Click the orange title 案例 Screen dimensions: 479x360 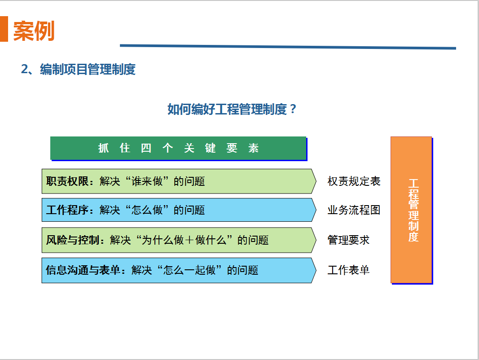[34, 31]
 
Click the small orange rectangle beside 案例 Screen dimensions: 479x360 [4, 29]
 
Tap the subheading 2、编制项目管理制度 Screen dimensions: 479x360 [78, 69]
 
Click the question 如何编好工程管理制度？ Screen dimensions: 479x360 [232, 109]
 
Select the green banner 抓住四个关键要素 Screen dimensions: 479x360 [178, 148]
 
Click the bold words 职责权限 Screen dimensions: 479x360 [67, 181]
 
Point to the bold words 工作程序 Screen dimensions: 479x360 [67, 210]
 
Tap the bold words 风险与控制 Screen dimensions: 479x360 [73, 240]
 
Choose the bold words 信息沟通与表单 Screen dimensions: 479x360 [83, 270]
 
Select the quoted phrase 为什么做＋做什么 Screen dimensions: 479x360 [184, 240]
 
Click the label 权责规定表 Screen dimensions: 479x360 [354, 181]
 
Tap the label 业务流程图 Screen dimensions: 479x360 [354, 210]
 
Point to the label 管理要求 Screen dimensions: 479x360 [348, 240]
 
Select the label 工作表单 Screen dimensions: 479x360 [348, 270]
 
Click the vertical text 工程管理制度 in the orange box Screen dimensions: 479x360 [413, 210]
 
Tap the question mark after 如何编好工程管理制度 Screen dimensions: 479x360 [293, 109]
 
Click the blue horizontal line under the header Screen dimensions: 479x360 [288, 47]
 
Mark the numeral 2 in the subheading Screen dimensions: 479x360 [24, 69]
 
